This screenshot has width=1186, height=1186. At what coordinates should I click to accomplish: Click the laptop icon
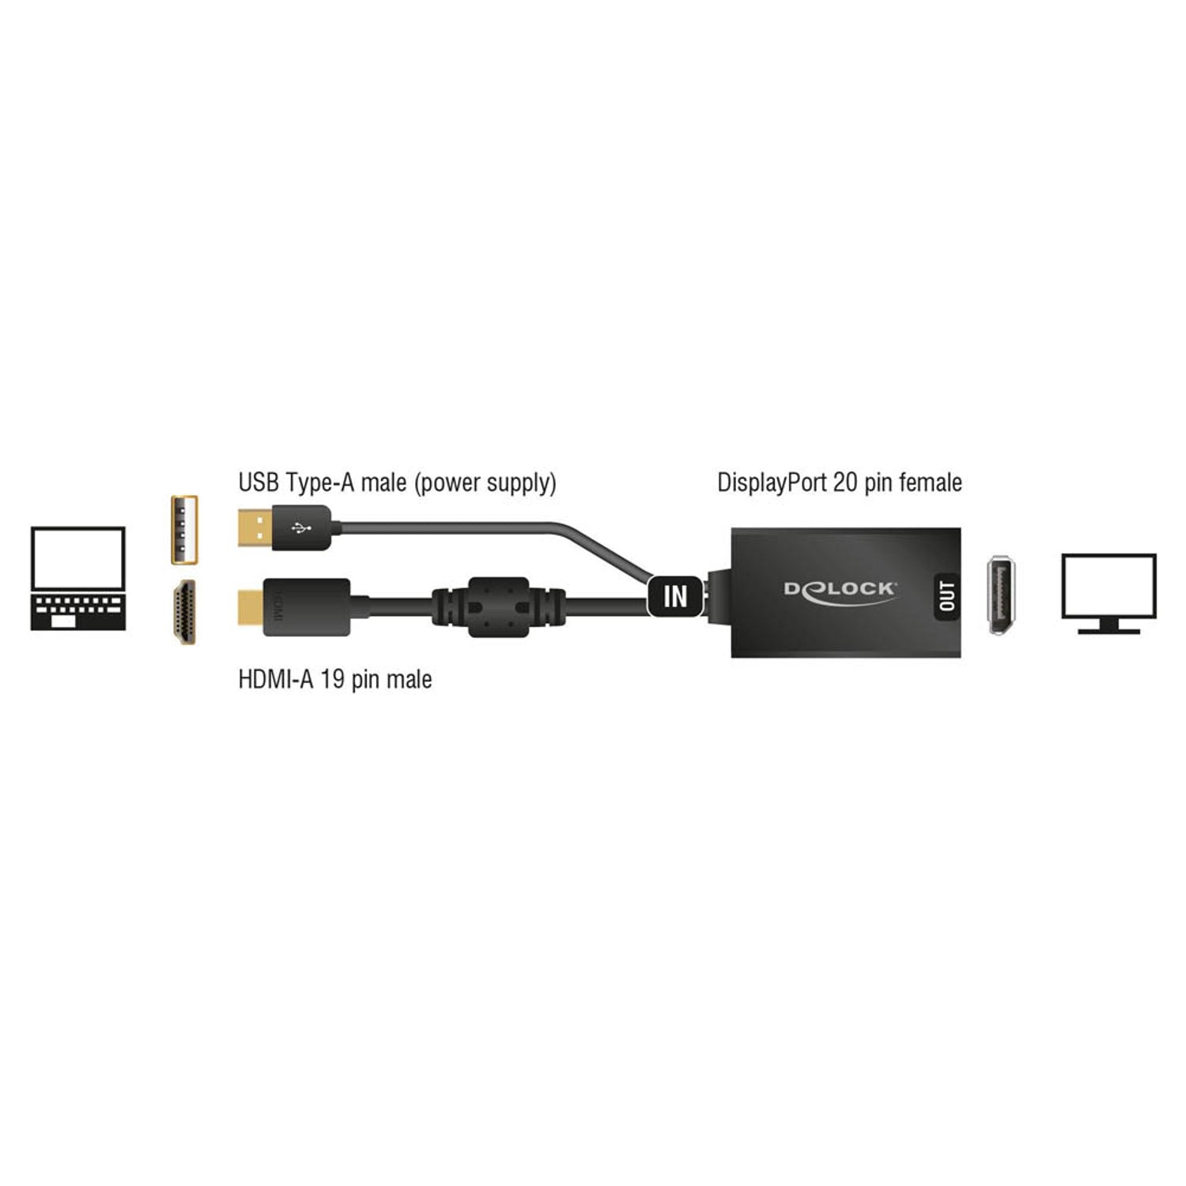77,578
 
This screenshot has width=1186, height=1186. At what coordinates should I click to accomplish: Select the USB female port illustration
184,530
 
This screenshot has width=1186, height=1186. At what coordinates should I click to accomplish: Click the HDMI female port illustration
184,613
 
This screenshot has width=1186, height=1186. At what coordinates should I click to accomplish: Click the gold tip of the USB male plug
255,529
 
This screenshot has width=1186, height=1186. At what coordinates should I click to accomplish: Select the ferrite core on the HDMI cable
498,606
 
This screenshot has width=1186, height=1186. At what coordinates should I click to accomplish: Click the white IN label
675,595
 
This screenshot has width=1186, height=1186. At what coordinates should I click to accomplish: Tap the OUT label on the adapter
946,595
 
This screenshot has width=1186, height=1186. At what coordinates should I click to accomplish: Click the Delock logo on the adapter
839,591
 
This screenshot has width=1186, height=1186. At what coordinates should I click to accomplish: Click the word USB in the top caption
259,482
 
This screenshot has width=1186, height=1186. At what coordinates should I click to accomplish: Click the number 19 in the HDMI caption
331,679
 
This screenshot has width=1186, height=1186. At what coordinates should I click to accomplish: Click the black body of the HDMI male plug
307,607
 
